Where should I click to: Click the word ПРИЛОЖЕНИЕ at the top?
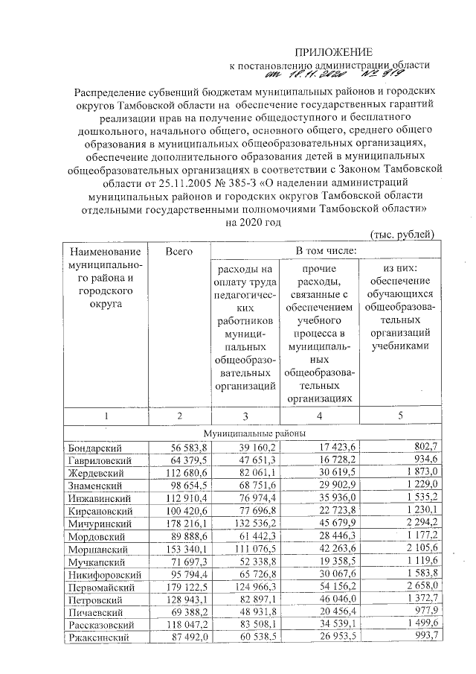point(334,51)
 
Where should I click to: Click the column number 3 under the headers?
point(246,416)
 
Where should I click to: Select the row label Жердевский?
point(96,473)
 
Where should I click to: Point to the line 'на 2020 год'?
point(253,222)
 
